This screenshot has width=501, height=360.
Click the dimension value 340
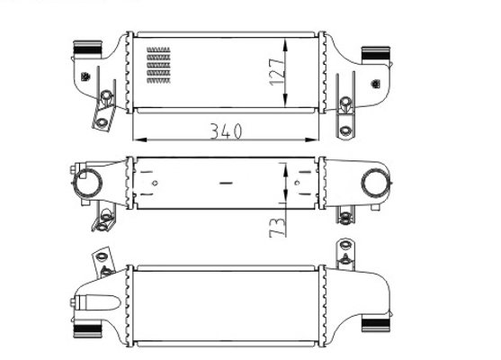click(226, 131)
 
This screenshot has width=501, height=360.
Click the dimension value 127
click(277, 72)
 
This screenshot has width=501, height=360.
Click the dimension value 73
click(277, 228)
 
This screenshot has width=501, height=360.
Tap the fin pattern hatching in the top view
click(158, 65)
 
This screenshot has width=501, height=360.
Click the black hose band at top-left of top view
click(87, 49)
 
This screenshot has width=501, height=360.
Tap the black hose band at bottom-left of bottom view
click(87, 329)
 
